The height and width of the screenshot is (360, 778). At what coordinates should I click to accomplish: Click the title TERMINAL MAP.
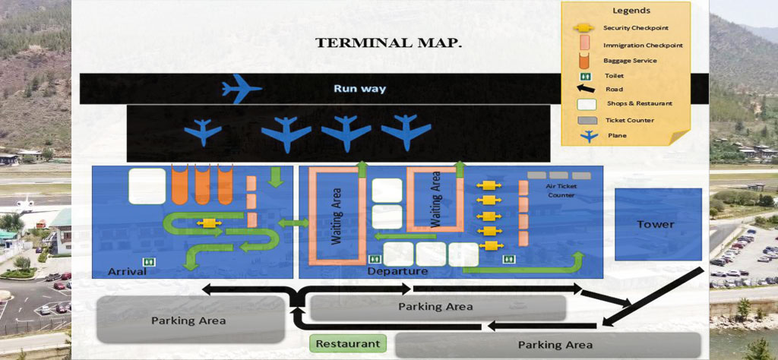[388, 43]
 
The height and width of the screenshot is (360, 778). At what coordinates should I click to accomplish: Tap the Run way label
[359, 89]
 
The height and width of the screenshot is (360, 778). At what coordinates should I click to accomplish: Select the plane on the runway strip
[242, 89]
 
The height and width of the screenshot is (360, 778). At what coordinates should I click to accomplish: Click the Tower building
[655, 224]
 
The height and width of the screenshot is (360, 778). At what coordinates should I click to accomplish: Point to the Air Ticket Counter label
[560, 190]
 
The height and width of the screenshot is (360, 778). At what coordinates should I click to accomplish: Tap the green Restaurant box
[347, 343]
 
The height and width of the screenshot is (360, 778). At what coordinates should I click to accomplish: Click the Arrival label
[127, 271]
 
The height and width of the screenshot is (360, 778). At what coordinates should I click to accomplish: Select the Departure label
[397, 271]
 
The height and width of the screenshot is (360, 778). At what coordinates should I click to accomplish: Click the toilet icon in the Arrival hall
[149, 262]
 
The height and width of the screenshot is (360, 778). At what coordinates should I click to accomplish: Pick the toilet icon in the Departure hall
[508, 260]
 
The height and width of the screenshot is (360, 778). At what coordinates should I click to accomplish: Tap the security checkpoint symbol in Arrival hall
[207, 224]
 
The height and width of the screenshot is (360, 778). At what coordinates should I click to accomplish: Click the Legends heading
[631, 11]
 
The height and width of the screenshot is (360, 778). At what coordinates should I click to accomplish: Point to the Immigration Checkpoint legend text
[643, 45]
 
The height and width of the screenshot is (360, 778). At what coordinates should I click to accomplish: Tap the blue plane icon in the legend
[586, 136]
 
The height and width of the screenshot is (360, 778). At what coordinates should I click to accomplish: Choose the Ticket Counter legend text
[630, 120]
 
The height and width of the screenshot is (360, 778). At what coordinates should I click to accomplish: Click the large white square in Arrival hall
[147, 186]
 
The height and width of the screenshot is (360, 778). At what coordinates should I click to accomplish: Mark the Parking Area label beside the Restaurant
[555, 345]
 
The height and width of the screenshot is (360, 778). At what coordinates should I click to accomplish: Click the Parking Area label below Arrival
[188, 320]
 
